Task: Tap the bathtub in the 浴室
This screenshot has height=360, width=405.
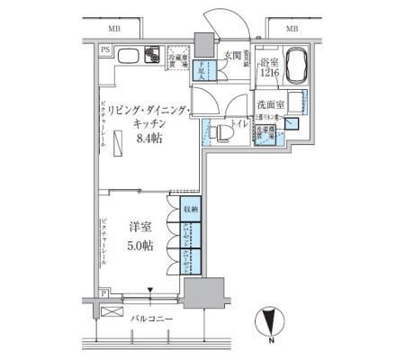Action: pos(292,64)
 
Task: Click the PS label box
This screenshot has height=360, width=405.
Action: pos(105,49)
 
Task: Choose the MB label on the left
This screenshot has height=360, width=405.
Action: pos(119,29)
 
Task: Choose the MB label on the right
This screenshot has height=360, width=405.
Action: pos(291,29)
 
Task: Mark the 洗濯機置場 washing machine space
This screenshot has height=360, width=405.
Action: pos(265,136)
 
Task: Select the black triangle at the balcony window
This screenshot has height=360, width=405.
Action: pos(150,290)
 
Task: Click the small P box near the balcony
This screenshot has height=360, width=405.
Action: pos(104,294)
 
